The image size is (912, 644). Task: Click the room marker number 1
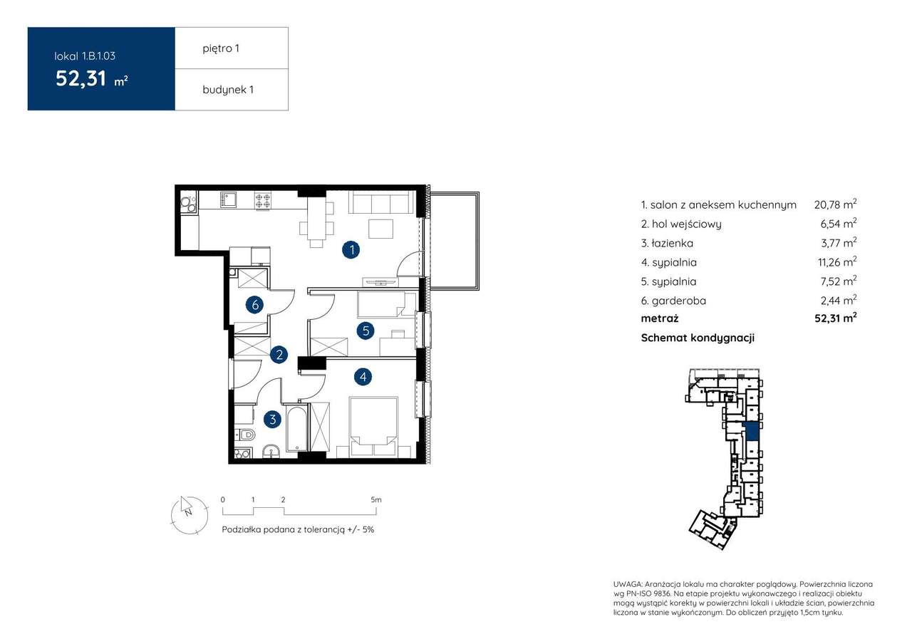click(x=351, y=249)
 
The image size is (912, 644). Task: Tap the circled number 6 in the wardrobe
click(x=255, y=304)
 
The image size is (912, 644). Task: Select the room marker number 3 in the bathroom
click(x=272, y=420)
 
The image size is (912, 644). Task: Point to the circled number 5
click(x=366, y=331)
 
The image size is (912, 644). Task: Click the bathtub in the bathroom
click(x=296, y=428)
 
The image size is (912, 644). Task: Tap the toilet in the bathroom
click(x=246, y=435)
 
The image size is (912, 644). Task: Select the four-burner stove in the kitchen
click(x=263, y=200)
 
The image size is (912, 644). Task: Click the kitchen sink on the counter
click(x=229, y=199)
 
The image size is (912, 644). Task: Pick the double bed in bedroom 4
click(x=374, y=427)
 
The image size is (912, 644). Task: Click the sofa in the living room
click(x=381, y=202)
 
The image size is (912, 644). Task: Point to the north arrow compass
click(x=190, y=515)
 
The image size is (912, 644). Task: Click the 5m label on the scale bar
click(x=376, y=499)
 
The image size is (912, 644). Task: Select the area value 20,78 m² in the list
click(x=835, y=204)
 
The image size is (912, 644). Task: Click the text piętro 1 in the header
click(x=221, y=49)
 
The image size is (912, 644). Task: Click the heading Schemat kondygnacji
click(x=698, y=338)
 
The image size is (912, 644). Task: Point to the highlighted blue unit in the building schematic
click(x=752, y=432)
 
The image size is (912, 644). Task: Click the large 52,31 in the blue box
click(x=81, y=79)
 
